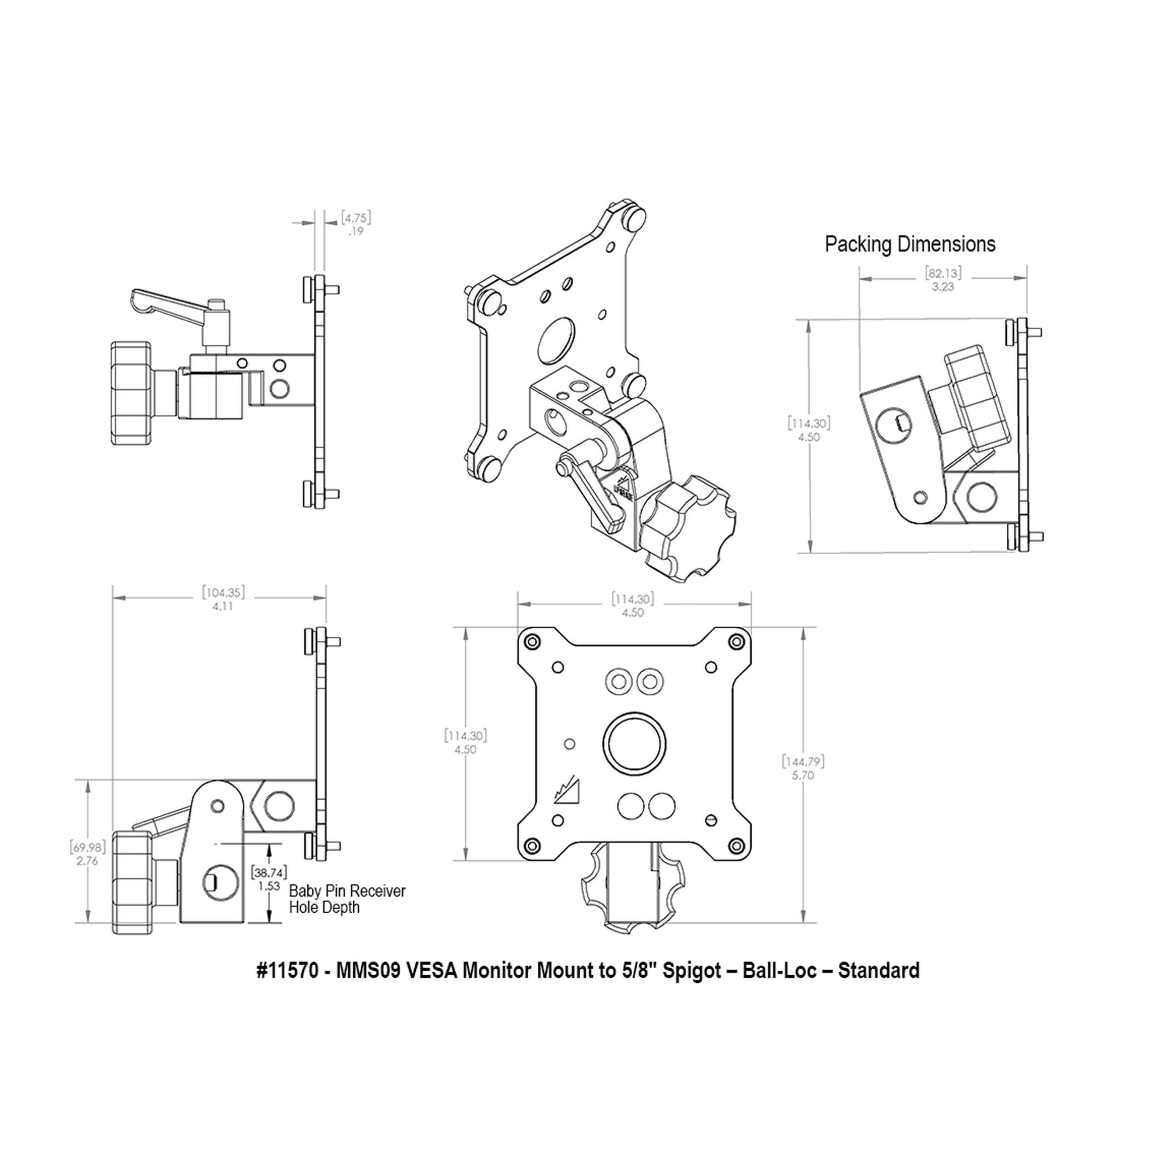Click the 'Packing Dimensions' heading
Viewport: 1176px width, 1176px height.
[x=910, y=245]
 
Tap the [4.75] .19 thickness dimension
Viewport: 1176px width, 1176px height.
[x=355, y=224]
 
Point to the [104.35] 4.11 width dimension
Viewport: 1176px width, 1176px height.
[x=223, y=599]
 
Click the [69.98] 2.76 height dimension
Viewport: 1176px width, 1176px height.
[x=88, y=854]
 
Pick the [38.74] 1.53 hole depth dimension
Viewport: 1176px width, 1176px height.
[x=268, y=879]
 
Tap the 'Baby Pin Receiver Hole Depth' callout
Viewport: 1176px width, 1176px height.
[x=347, y=899]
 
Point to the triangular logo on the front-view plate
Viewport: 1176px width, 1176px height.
[x=567, y=792]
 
